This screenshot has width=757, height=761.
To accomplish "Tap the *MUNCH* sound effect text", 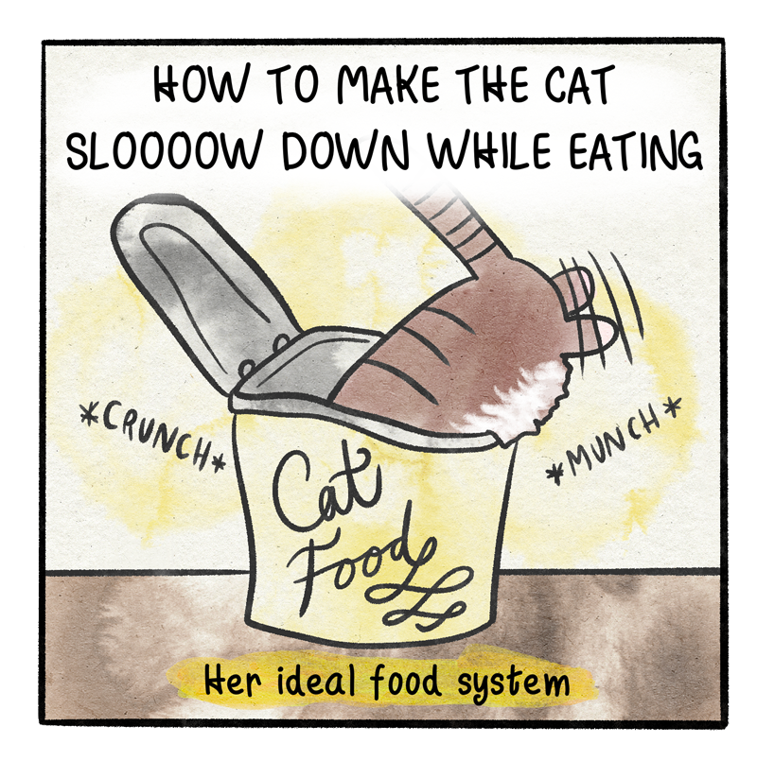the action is click(x=613, y=440).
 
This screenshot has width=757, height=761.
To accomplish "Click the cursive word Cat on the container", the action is click(x=326, y=491).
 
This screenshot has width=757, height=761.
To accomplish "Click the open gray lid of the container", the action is click(x=204, y=291).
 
